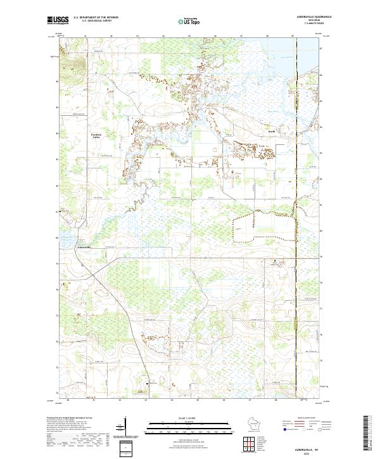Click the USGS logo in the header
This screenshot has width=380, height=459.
coord(58,20)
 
